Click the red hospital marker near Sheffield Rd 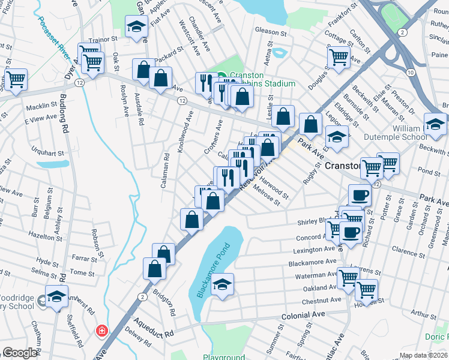point(102,331)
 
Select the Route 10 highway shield point(409,72)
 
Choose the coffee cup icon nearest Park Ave point(360,196)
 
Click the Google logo point(20,353)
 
